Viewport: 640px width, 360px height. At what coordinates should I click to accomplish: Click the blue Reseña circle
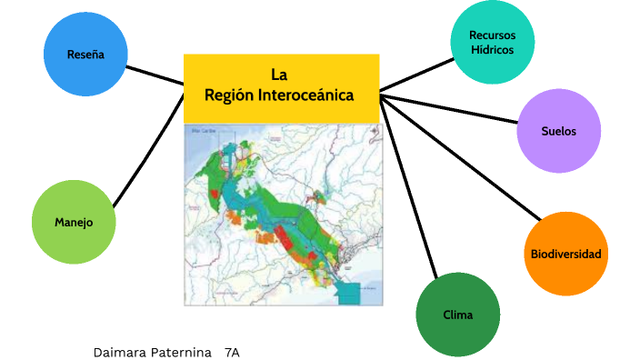85,55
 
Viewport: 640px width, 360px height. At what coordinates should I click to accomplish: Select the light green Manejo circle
74,222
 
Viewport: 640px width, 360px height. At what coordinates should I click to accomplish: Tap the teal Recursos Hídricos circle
493,42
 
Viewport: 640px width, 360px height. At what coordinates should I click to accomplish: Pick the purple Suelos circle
558,131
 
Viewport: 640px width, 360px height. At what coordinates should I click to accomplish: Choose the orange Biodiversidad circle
565,254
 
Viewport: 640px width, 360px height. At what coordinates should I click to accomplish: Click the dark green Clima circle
458,315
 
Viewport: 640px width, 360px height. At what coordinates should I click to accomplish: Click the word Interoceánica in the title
305,95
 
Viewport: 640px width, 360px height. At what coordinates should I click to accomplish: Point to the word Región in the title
228,95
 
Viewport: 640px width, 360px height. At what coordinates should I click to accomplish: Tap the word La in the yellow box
279,75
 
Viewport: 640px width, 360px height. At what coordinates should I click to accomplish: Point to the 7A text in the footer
232,351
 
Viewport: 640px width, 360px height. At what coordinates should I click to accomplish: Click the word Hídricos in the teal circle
493,50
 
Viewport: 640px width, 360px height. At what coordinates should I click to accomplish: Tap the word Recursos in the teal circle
493,35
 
